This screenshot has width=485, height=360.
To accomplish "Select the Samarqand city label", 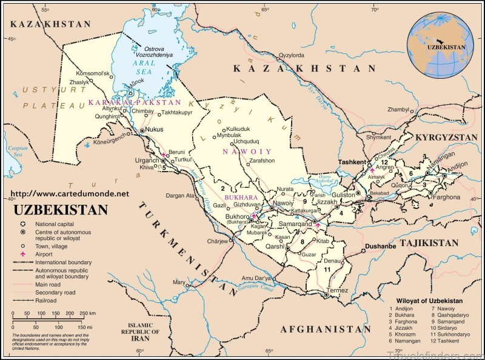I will pos(295,224).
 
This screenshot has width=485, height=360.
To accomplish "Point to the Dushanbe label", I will pos(380,246).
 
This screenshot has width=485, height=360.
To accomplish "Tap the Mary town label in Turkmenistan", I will pos(179,282).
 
